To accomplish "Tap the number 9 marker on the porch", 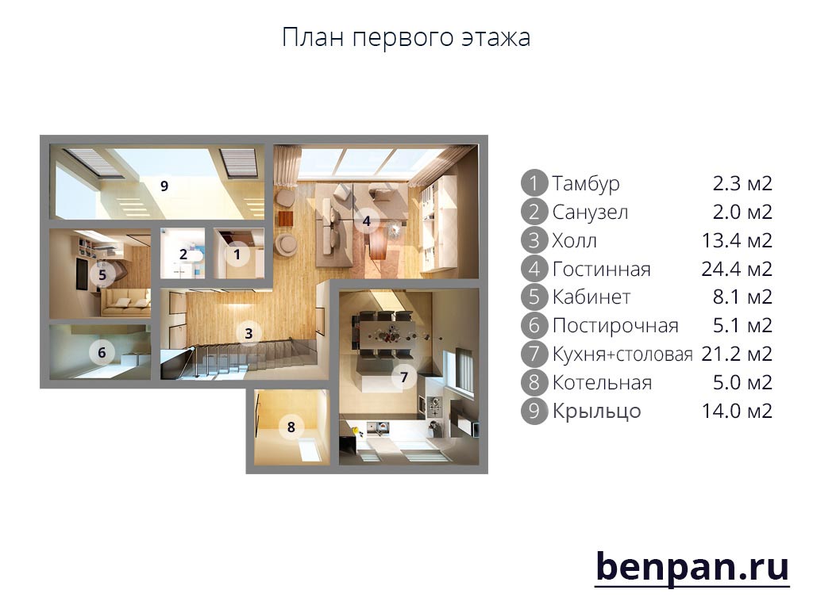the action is point(164,186).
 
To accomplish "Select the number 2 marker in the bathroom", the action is point(183,255).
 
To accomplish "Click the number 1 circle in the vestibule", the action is point(237,255).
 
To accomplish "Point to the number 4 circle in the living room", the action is point(367,221).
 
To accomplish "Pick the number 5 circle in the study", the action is point(102,274).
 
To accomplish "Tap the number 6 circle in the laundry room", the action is point(102,353).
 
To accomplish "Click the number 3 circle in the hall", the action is point(249,334).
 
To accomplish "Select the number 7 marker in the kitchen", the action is point(404,377).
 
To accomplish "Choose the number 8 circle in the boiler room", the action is point(291,427).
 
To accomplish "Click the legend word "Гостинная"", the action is point(602,270).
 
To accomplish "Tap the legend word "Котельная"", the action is point(602,383).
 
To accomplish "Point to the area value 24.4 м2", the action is point(737,269).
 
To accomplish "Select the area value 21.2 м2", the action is point(737,354).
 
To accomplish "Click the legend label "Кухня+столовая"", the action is point(622,354).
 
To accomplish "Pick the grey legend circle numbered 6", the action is point(534,325).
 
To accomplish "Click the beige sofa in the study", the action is point(126,302).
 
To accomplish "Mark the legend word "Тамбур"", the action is point(586,184).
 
